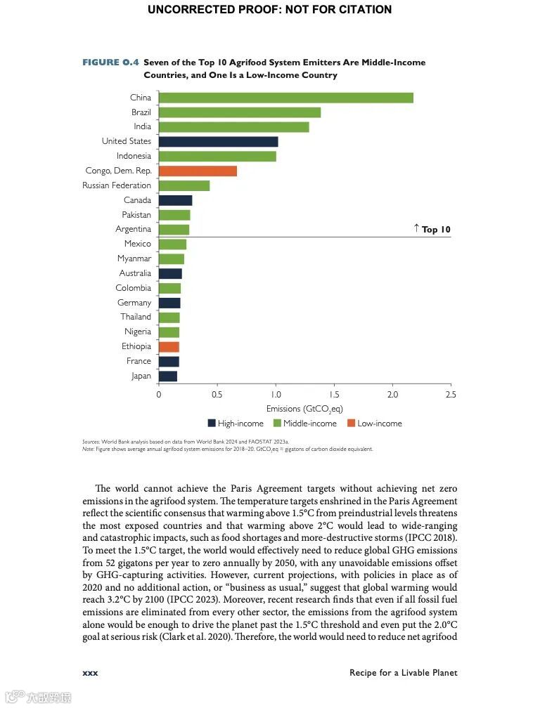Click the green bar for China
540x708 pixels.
pyautogui.click(x=285, y=98)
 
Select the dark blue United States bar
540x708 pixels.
pyautogui.click(x=218, y=142)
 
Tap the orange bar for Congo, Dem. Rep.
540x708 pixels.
pyautogui.click(x=198, y=171)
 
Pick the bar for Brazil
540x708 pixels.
pyautogui.click(x=239, y=112)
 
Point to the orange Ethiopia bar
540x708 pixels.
pyautogui.click(x=169, y=346)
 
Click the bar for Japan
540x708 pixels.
pyautogui.click(x=167, y=376)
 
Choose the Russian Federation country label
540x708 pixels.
pyautogui.click(x=117, y=185)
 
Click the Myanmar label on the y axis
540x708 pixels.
pyautogui.click(x=134, y=258)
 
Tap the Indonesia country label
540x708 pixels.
pyautogui.click(x=134, y=156)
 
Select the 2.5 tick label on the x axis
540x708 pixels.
pyautogui.click(x=451, y=395)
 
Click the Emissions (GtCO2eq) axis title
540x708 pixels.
pyautogui.click(x=304, y=409)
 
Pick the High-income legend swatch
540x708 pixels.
pyautogui.click(x=212, y=424)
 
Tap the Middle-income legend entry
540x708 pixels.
pyautogui.click(x=304, y=424)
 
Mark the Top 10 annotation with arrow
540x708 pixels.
pyautogui.click(x=432, y=229)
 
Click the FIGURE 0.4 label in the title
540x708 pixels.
pyautogui.click(x=110, y=63)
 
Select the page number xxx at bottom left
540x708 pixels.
pyautogui.click(x=90, y=673)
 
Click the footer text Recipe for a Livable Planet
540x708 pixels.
pyautogui.click(x=403, y=673)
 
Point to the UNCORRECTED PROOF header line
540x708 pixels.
pyautogui.click(x=270, y=10)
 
